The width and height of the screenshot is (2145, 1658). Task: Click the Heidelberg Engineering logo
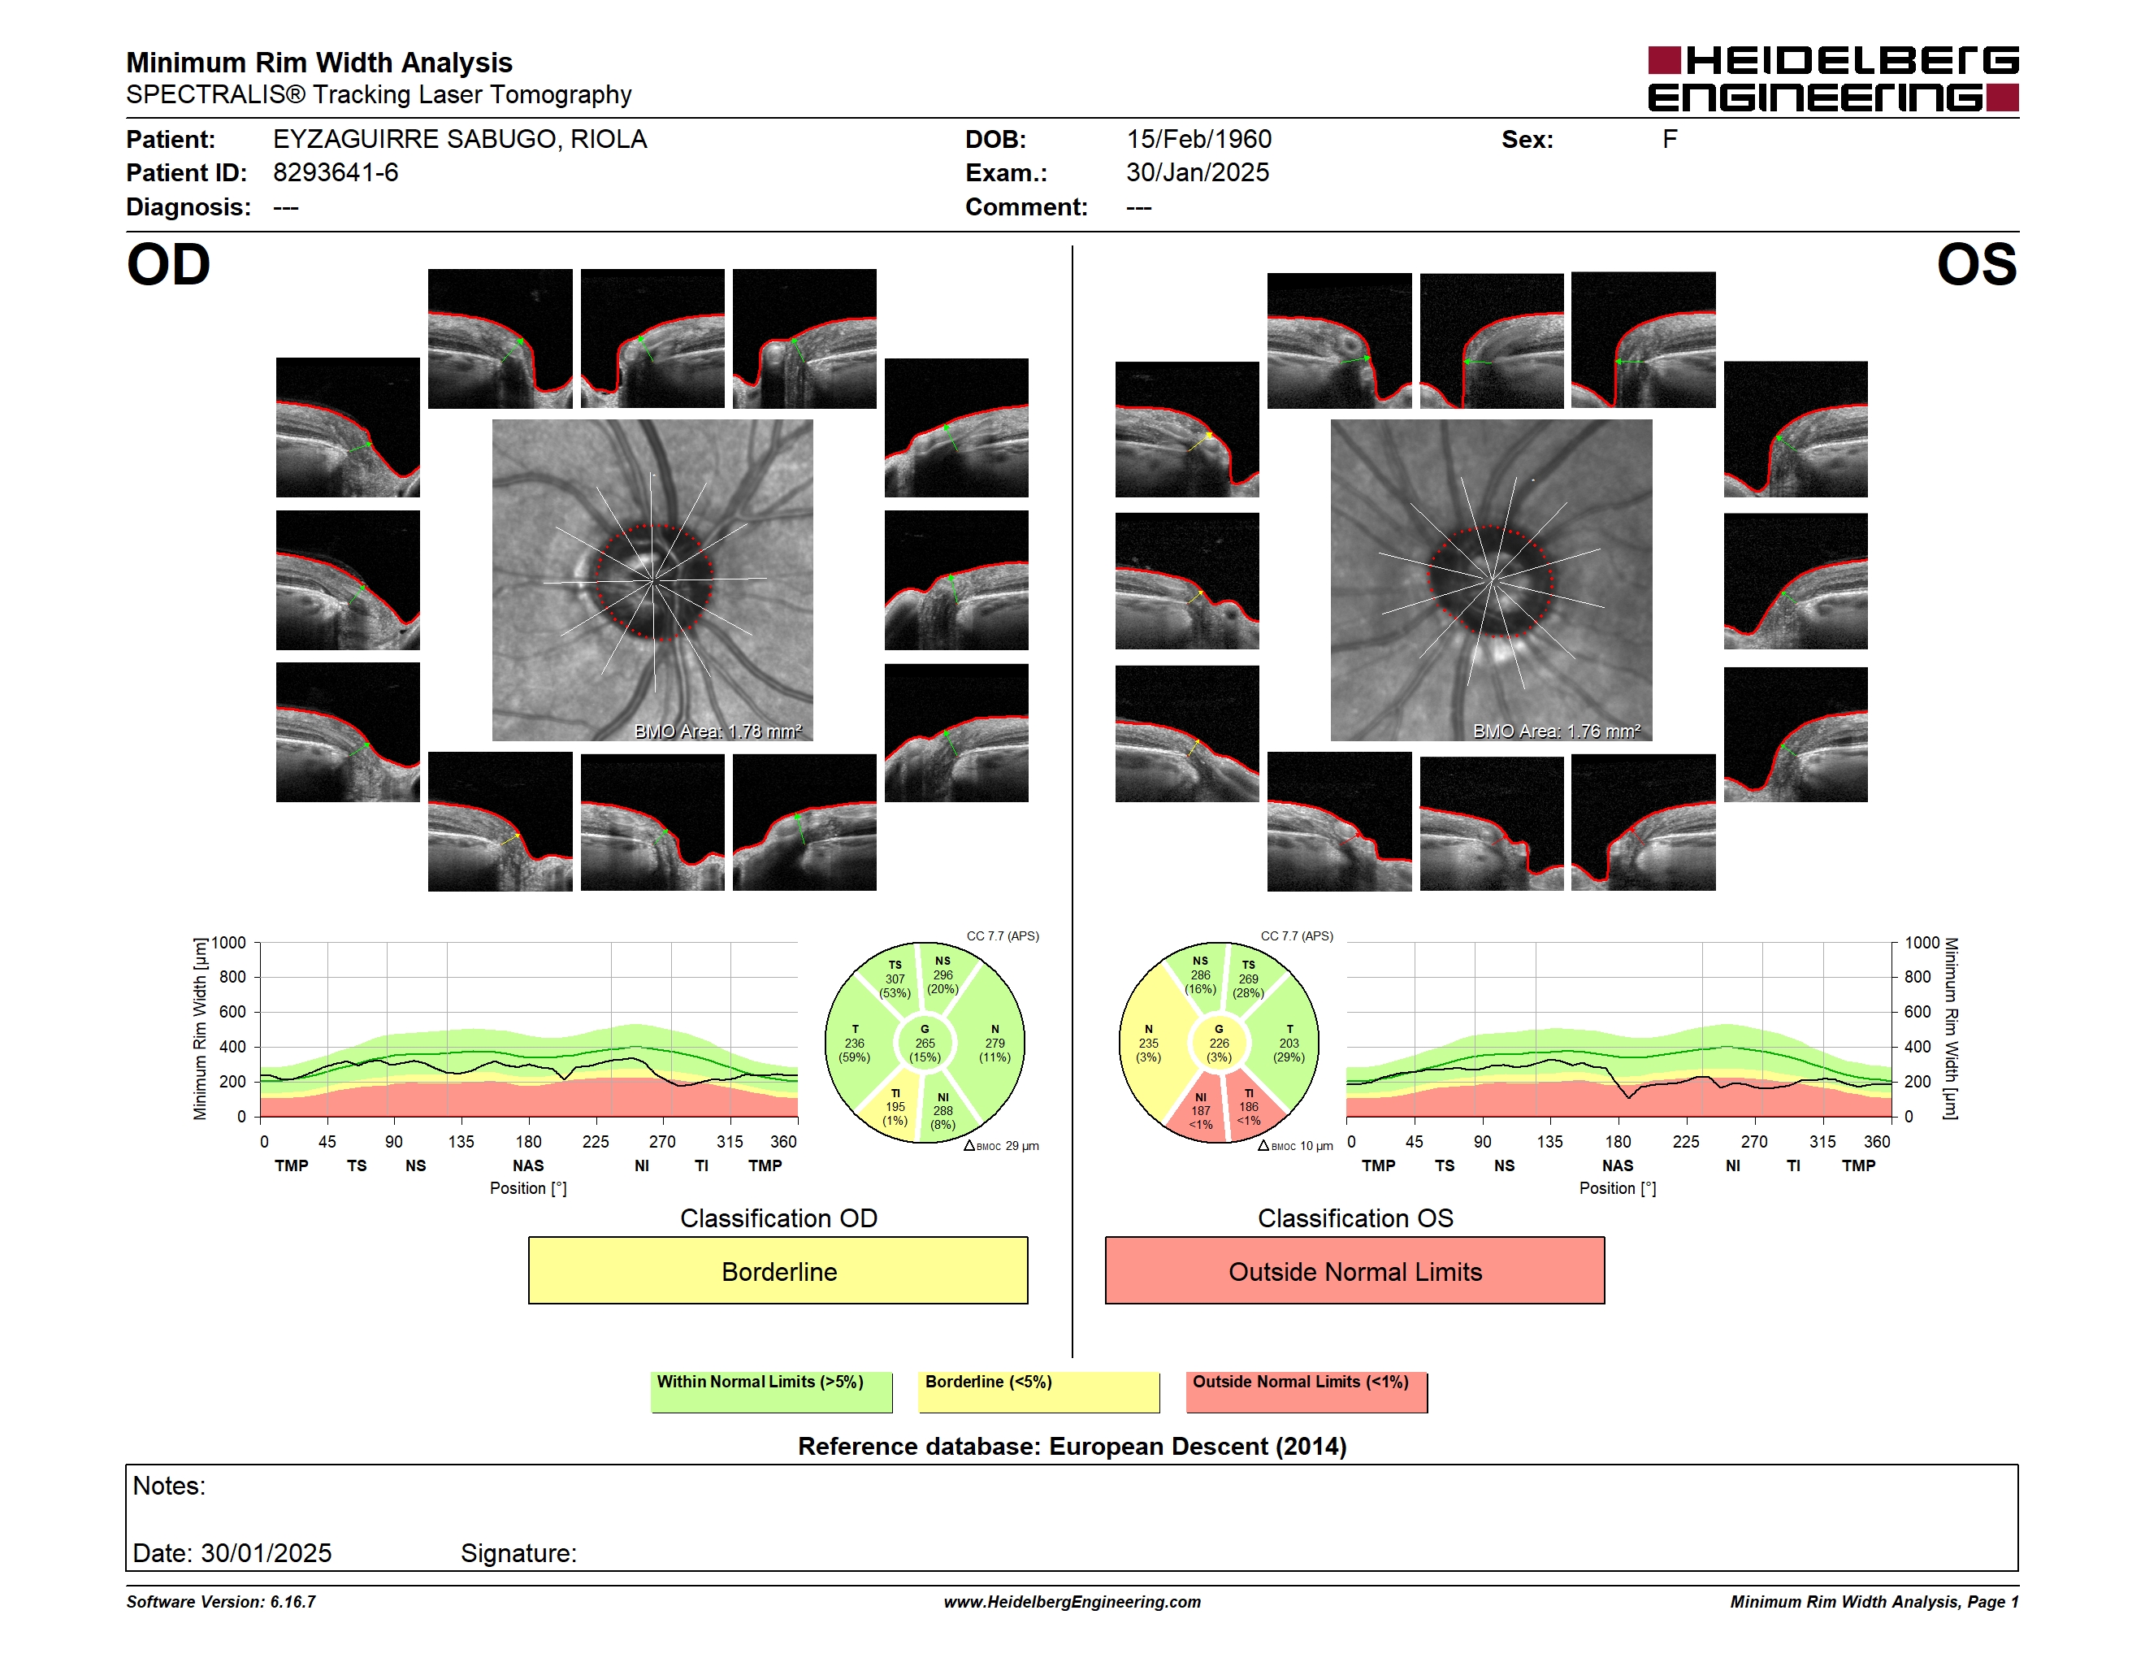click(1833, 79)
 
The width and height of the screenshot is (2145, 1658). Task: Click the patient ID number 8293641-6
click(336, 173)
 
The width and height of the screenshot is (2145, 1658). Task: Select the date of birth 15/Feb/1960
click(1198, 140)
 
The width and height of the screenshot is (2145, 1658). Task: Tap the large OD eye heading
click(169, 265)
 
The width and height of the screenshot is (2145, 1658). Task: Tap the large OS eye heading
click(1976, 265)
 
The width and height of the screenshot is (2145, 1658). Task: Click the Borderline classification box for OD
click(778, 1270)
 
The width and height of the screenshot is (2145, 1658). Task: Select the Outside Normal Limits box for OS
click(1354, 1270)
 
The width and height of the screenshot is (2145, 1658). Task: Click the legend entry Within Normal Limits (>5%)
click(771, 1391)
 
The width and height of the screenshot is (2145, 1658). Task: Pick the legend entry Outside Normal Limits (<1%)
click(1306, 1391)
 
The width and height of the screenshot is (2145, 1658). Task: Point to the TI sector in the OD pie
click(894, 1107)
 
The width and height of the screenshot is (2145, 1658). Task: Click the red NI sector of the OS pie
click(1200, 1111)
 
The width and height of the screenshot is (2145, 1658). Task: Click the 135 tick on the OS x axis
click(1549, 1141)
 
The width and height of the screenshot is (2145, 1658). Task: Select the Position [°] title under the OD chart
click(528, 1188)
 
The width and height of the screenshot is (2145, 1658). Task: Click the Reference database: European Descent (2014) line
click(1072, 1447)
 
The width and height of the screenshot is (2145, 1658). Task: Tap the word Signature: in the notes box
click(518, 1553)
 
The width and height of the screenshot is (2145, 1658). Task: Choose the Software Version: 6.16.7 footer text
click(221, 1602)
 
